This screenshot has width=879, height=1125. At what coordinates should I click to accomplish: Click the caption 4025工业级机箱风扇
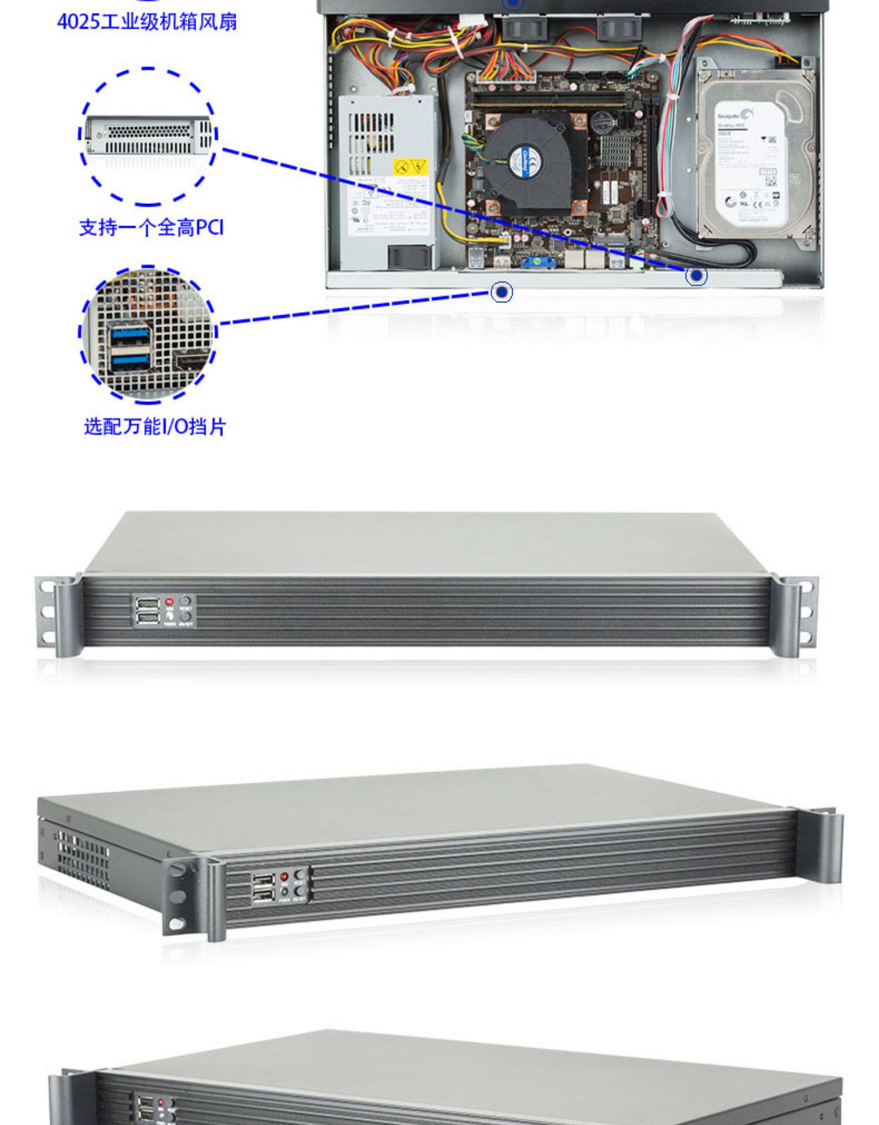pyautogui.click(x=147, y=22)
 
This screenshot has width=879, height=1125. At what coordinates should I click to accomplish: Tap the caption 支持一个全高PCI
pyautogui.click(x=151, y=227)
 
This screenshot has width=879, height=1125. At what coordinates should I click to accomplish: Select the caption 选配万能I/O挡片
pyautogui.click(x=155, y=427)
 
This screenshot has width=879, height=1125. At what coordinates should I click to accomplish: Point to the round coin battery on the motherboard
pyautogui.click(x=601, y=122)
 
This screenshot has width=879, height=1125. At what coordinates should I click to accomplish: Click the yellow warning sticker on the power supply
pyautogui.click(x=410, y=168)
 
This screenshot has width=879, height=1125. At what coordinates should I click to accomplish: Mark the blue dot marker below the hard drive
pyautogui.click(x=696, y=275)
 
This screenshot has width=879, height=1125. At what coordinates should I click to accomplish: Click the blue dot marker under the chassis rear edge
pyautogui.click(x=501, y=292)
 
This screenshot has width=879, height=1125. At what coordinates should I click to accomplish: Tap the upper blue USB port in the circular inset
pyautogui.click(x=130, y=334)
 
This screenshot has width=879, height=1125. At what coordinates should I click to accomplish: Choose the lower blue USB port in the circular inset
pyautogui.click(x=130, y=363)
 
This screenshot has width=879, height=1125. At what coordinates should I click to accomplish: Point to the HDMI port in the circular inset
pyautogui.click(x=189, y=363)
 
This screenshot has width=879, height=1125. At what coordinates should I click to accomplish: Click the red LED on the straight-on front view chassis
pyautogui.click(x=169, y=601)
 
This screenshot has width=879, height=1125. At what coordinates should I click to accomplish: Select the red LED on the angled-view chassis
pyautogui.click(x=284, y=877)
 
